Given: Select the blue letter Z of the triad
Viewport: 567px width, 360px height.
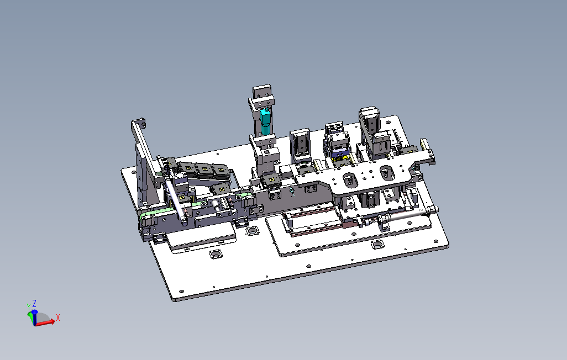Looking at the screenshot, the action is (x=34, y=303).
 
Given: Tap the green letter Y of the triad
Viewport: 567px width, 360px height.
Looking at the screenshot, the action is (x=29, y=307).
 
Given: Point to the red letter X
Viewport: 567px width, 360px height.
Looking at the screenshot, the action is (x=58, y=317).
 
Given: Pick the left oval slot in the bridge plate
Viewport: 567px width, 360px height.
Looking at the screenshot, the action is (x=349, y=179).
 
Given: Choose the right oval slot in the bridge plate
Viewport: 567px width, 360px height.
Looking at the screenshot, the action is (x=387, y=173).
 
